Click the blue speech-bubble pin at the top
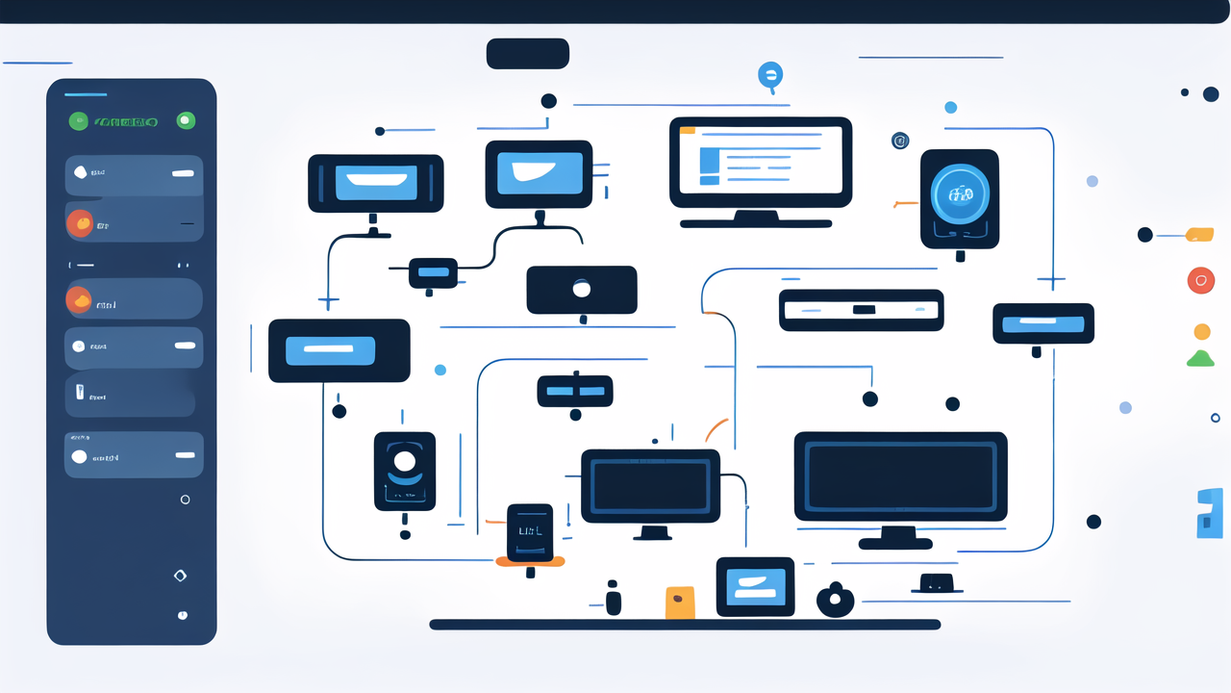click(x=770, y=75)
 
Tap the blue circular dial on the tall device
click(x=960, y=195)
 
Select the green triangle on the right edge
click(x=1200, y=359)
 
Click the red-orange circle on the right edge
click(x=1201, y=280)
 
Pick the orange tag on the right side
click(x=1200, y=234)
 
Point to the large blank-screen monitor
click(x=900, y=476)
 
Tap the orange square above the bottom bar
click(x=680, y=603)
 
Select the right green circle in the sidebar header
click(x=186, y=121)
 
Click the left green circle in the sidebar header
click(x=79, y=121)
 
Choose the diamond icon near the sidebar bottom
click(x=179, y=576)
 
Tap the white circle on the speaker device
click(x=404, y=461)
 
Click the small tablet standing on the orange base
click(x=530, y=532)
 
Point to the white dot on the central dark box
click(x=581, y=288)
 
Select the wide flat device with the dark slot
click(x=861, y=310)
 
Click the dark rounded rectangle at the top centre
click(x=528, y=54)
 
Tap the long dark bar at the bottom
click(x=685, y=625)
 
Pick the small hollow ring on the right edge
click(x=1215, y=418)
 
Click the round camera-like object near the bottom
click(x=835, y=601)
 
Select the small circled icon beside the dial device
click(x=900, y=141)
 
